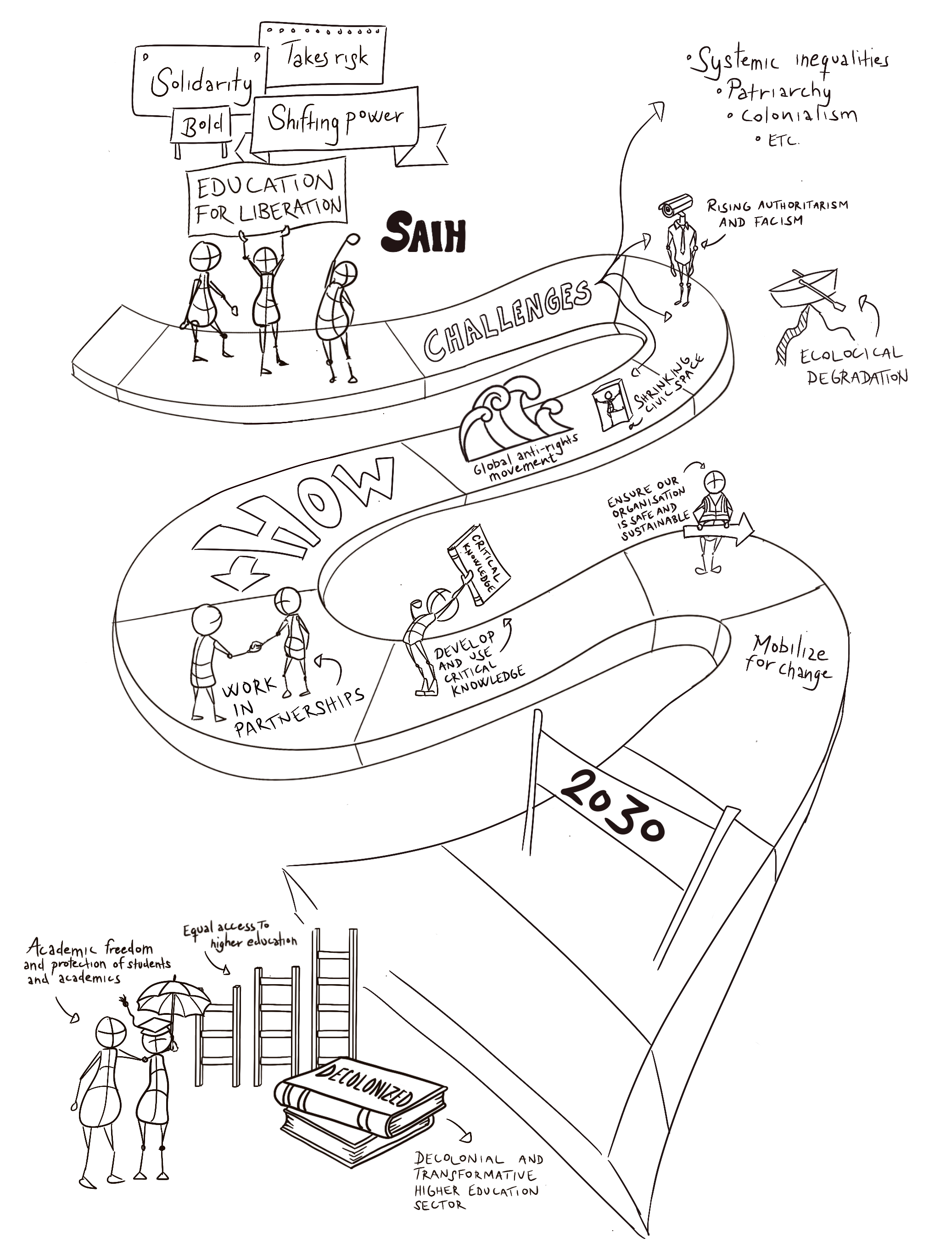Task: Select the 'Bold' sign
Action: pyautogui.click(x=202, y=124)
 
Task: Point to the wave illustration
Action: pyautogui.click(x=514, y=415)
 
